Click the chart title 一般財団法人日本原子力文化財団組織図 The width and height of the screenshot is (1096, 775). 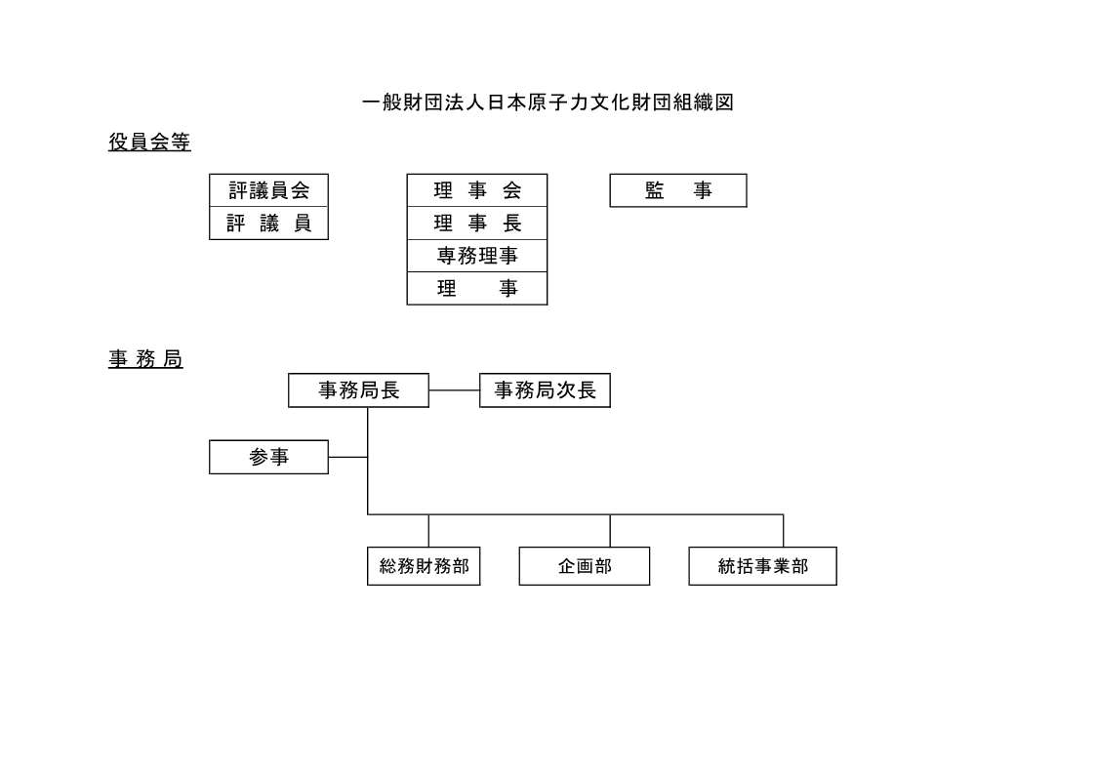(x=548, y=102)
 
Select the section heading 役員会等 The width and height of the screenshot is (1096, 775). (x=149, y=142)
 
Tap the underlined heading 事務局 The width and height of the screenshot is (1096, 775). (x=145, y=358)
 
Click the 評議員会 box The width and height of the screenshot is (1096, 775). (x=269, y=190)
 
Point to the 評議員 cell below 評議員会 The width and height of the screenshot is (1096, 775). (x=269, y=223)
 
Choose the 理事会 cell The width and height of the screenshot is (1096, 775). (x=477, y=190)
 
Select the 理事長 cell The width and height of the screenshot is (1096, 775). (x=477, y=223)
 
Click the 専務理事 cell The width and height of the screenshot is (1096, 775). (x=477, y=256)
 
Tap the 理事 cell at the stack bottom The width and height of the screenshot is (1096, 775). (x=477, y=288)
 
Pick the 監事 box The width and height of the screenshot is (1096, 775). (x=678, y=190)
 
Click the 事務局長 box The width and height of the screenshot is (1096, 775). (x=358, y=390)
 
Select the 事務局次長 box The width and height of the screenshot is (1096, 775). (x=545, y=390)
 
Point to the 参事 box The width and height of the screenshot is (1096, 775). (x=269, y=457)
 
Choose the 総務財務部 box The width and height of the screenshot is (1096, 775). (x=424, y=566)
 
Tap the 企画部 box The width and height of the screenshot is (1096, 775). (x=585, y=566)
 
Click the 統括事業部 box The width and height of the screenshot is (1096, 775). (x=762, y=566)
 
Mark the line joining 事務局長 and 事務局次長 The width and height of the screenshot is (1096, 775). (x=455, y=390)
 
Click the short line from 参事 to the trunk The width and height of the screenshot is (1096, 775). (x=348, y=457)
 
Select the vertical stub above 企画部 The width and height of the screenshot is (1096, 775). (x=610, y=531)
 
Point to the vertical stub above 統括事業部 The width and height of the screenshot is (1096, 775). (x=783, y=531)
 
